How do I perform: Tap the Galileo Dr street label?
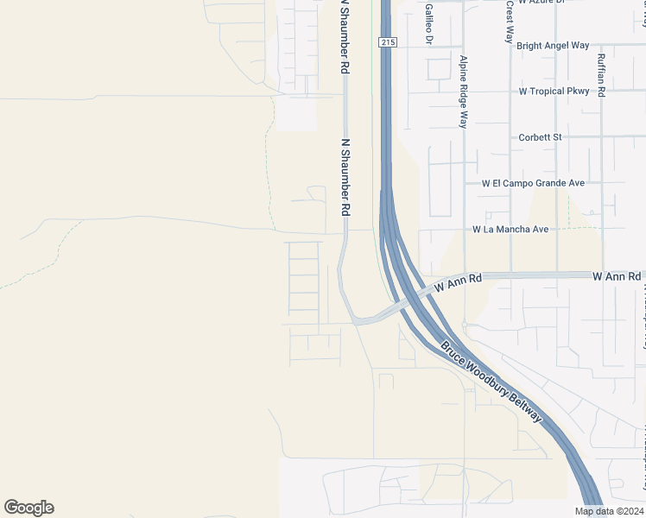(x=428, y=23)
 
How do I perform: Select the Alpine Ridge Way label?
(x=464, y=92)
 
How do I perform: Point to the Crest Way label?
(x=510, y=22)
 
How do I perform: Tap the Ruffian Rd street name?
(x=601, y=75)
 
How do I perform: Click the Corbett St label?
(x=541, y=136)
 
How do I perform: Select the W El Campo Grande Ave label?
(x=533, y=183)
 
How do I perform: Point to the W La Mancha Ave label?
(x=510, y=229)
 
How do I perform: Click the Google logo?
(x=28, y=508)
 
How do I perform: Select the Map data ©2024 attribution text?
(x=609, y=511)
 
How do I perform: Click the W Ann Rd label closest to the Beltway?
(x=457, y=282)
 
